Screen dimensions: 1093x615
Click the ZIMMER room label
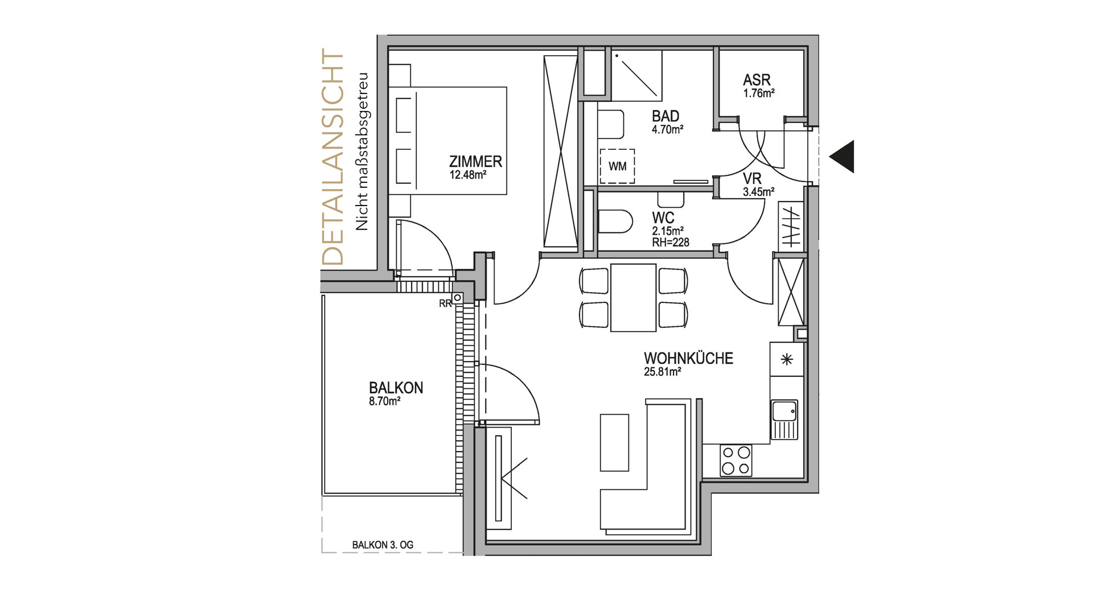[x=475, y=162]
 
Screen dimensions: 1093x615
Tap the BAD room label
[x=665, y=116]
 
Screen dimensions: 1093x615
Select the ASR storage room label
[x=757, y=80]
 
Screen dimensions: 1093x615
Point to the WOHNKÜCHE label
[x=688, y=359]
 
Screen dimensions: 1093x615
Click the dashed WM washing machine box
[x=617, y=166]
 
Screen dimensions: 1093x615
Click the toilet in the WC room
[x=615, y=222]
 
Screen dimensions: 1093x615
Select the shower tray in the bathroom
[x=637, y=75]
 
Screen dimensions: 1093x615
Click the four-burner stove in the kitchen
[x=735, y=460]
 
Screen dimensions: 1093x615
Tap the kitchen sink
[x=784, y=420]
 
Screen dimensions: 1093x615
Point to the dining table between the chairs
[x=633, y=297]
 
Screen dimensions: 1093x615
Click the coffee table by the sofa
[x=614, y=442]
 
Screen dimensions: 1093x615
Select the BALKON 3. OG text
[x=383, y=545]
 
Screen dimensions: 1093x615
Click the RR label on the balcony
[x=445, y=304]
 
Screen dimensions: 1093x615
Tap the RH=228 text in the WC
[x=671, y=243]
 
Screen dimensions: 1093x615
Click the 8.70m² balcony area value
[x=384, y=401]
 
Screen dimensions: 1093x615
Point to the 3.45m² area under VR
[x=758, y=192]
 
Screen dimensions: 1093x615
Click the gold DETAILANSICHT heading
[x=333, y=157]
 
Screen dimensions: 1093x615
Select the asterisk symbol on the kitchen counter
[x=787, y=359]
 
